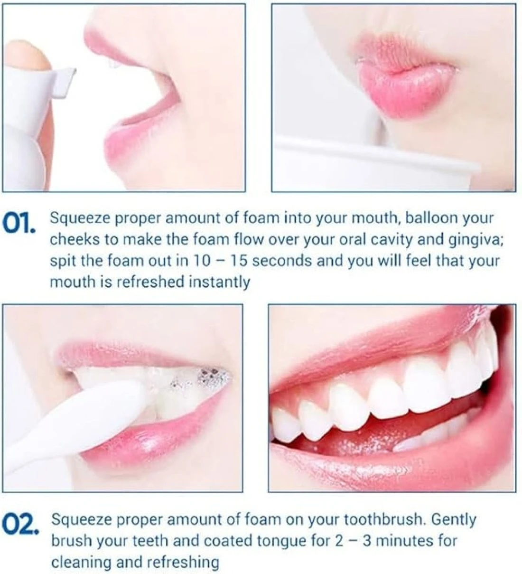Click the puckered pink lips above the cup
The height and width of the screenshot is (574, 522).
point(408,77)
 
